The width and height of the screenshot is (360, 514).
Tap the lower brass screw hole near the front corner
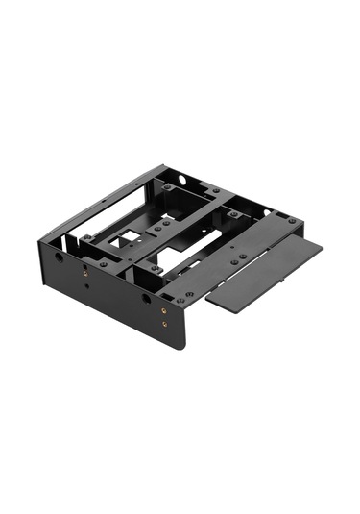164,323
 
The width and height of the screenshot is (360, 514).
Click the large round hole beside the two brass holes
147,299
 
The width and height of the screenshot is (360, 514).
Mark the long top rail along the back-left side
101,200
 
